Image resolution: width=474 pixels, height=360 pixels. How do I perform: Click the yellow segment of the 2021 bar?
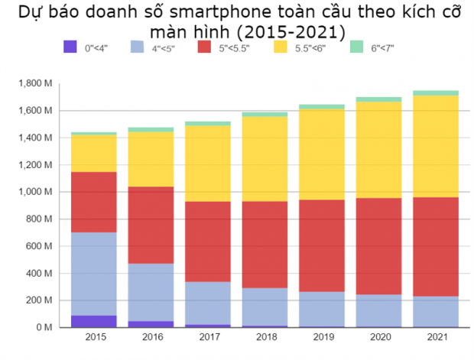[x=436, y=146]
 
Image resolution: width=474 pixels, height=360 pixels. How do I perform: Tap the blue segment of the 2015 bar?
[x=94, y=274]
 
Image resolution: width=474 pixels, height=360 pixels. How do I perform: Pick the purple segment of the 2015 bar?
[x=94, y=321]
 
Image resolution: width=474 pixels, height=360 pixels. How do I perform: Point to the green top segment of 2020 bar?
[x=379, y=99]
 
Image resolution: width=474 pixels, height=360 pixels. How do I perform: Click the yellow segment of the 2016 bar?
[x=151, y=159]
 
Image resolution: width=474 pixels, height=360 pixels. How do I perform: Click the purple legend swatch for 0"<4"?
[x=71, y=47]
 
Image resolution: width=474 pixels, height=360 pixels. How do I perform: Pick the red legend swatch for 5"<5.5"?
[x=205, y=47]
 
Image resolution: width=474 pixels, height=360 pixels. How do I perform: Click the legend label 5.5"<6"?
[x=310, y=48]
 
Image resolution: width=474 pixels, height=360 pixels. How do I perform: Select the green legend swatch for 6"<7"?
[x=357, y=47]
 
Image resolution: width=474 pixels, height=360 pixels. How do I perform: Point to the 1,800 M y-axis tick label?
[x=36, y=83]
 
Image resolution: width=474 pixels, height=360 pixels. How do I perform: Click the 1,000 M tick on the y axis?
[x=36, y=192]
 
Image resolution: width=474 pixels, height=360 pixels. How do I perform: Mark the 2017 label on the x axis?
[x=208, y=336]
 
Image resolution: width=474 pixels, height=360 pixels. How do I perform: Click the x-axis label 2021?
[x=436, y=336]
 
